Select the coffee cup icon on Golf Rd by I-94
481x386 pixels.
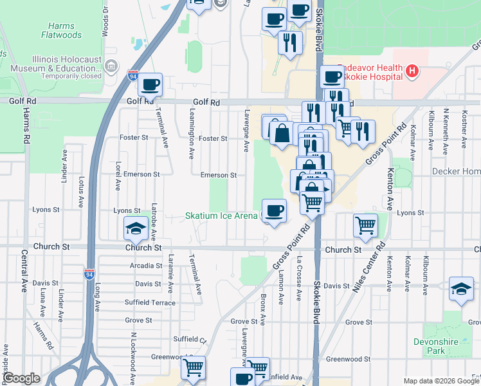coord(150,84)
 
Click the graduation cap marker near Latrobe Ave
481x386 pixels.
coord(136,228)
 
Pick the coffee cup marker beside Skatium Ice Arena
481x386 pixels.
coord(275,210)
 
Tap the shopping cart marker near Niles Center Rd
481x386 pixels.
coord(365,226)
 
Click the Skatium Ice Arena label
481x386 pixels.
coord(221,216)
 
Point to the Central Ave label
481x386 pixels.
coord(24,271)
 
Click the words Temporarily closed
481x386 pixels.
coord(71,76)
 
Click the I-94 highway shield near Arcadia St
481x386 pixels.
coord(89,274)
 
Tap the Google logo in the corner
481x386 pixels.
coord(22,378)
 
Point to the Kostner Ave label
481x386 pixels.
coord(464,131)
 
